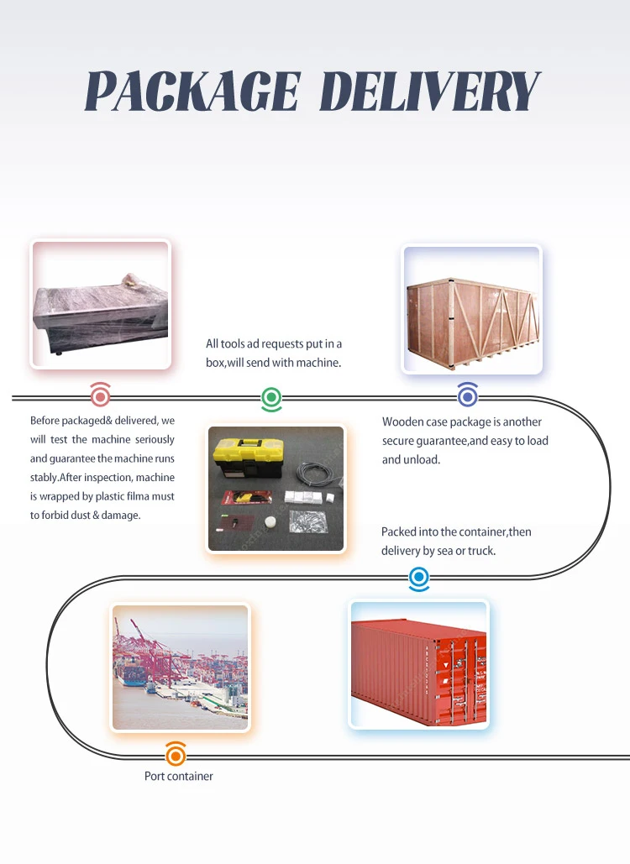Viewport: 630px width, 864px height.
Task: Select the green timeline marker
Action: coord(271,397)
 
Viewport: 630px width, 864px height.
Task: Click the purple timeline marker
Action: coord(468,396)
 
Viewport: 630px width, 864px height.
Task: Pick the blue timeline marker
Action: coord(418,577)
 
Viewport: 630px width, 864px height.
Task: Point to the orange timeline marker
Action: coord(176,755)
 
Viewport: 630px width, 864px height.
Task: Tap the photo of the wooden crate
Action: coord(471,310)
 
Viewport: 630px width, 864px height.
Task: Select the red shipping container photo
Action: coord(418,663)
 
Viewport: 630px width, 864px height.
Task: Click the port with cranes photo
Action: coord(181,668)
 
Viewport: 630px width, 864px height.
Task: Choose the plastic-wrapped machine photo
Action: coord(101,304)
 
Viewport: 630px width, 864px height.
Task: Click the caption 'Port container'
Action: coord(179,777)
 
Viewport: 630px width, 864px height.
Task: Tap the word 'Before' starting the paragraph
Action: coord(46,421)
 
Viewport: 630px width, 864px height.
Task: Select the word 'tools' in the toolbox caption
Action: coord(236,344)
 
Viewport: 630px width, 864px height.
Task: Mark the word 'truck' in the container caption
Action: coord(481,551)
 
